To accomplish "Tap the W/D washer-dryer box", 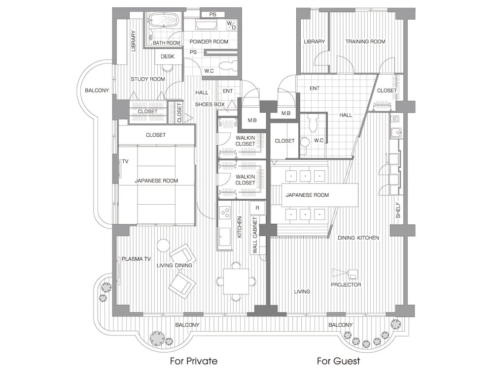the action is pos(231,25).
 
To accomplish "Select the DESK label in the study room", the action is pos(167,57).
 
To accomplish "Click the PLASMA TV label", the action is pos(136,259).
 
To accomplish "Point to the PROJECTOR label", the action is pos(346,284).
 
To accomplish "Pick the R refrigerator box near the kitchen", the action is pos(257,208).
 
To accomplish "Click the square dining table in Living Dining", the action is pos(236,281).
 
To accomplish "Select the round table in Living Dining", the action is pos(164,246).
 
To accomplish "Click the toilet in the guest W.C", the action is pos(313,123).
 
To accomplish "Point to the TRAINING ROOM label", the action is pos(365,41).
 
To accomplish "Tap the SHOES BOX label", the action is pos(210,104).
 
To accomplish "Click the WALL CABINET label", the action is pos(255,235).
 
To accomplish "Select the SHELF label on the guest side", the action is pos(398,210).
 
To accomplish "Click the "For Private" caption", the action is pos(194,361).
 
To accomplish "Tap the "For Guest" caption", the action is pos(339,361).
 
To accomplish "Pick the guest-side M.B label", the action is pos(286,113).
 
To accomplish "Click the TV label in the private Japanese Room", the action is pos(125,161).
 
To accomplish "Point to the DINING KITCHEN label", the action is pos(358,238).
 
